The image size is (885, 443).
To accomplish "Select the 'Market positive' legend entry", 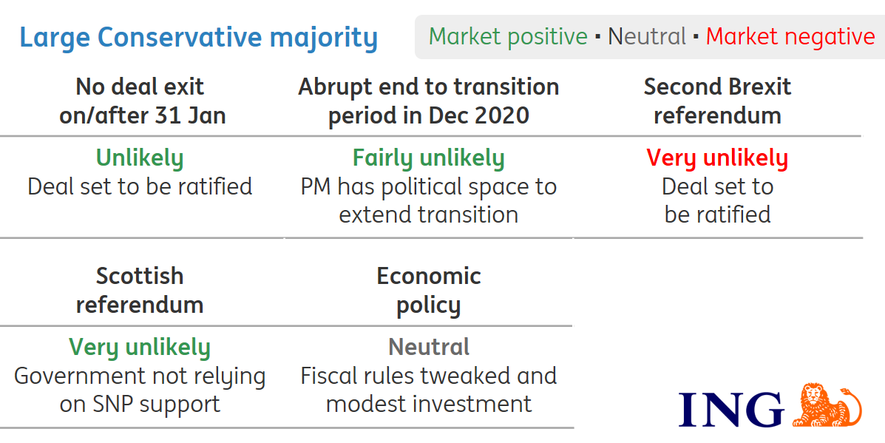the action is point(508,37).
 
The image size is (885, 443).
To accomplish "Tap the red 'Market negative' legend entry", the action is point(790,37).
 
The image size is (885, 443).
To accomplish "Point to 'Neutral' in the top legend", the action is point(647,37).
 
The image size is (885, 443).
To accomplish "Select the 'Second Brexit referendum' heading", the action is point(717,101).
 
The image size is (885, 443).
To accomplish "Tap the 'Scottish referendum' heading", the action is point(140,290).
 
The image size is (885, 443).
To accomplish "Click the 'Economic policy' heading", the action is point(429,290).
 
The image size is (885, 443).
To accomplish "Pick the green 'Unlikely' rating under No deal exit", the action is point(140,158).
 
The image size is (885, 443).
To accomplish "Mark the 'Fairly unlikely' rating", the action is point(428,158).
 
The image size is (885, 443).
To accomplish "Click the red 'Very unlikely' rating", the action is point(717,158).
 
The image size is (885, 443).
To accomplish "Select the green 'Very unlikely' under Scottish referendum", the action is point(140,348).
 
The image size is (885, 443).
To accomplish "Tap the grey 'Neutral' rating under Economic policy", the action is point(429,347).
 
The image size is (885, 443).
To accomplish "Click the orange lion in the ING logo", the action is point(827,405).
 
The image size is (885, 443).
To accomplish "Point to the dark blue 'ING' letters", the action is point(731,410).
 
